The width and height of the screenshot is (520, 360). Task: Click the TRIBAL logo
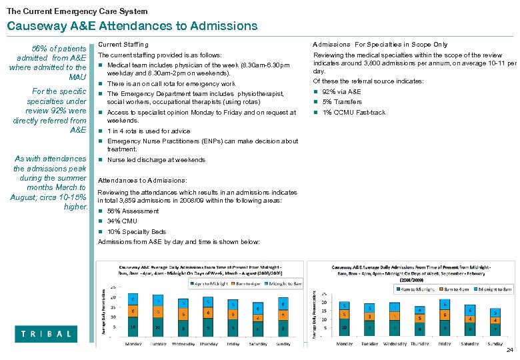(46, 333)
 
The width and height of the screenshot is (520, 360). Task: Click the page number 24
(510, 351)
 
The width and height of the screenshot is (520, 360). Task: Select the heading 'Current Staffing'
(123, 44)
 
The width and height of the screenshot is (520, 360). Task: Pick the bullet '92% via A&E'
(341, 92)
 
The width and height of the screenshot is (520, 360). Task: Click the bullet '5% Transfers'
(342, 102)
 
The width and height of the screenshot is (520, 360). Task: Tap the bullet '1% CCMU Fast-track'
(353, 113)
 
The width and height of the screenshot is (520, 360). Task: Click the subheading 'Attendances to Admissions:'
(143, 181)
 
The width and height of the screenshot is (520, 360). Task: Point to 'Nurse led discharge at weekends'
(156, 160)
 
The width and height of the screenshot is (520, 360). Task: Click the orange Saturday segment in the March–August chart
(258, 318)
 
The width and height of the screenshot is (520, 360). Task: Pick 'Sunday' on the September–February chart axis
(494, 343)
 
